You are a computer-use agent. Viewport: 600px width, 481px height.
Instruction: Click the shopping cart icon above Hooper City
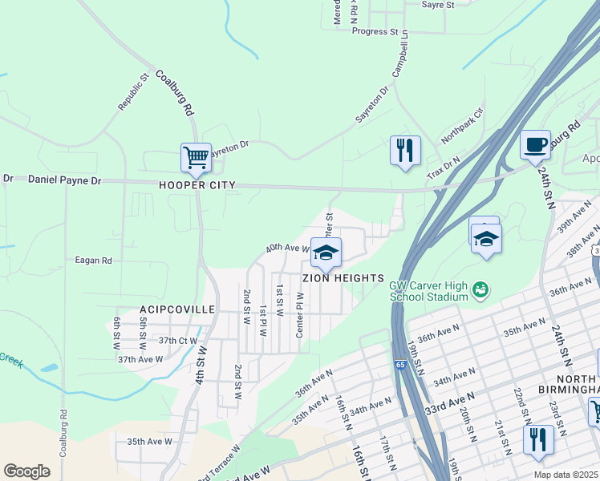point(196,158)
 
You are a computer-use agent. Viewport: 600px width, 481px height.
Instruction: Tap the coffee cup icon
point(535,145)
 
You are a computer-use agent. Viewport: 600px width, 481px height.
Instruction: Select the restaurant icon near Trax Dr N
point(405,151)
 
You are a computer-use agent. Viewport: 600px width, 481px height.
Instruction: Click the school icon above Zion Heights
point(325,253)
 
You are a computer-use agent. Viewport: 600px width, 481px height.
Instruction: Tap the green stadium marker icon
point(480,288)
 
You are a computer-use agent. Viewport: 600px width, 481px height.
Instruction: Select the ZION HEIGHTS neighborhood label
point(343,278)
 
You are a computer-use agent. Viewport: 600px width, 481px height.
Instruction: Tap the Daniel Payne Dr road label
point(64,180)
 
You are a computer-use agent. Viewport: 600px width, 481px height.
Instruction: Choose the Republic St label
point(134,93)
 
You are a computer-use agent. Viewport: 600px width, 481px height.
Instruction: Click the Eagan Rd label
point(94,261)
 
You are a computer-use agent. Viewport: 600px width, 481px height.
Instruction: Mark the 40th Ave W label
point(287,248)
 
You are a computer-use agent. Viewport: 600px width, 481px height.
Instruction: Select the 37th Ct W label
point(177,340)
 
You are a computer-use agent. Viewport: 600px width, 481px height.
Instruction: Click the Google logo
point(26,471)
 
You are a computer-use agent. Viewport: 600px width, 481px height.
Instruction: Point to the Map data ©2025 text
point(565,475)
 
